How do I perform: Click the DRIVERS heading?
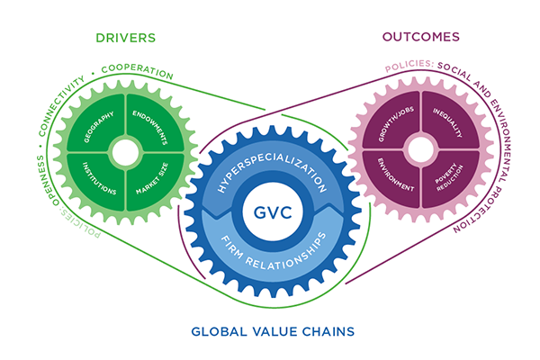point(125,37)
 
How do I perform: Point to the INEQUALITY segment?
point(447,126)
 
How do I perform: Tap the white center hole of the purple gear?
point(421,150)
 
